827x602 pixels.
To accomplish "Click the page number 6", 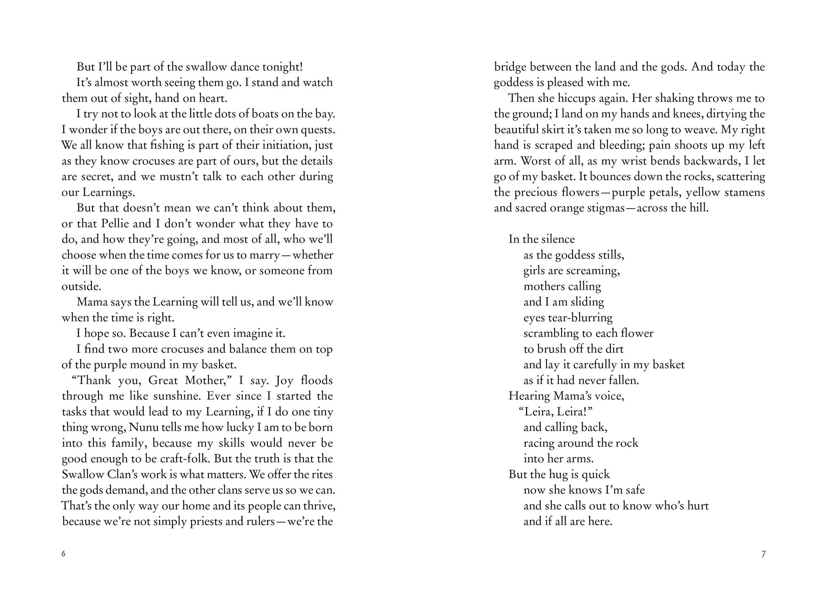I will coord(63,554).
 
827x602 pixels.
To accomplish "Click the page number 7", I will coord(763,554).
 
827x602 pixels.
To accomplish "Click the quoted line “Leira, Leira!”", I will coord(552,412).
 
